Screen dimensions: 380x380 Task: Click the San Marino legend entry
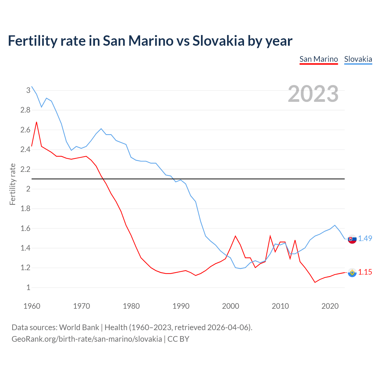tap(319, 59)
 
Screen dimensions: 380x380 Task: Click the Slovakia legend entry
tap(358, 59)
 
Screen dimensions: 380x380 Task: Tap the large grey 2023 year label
tap(313, 94)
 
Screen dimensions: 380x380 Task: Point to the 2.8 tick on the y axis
tap(25, 110)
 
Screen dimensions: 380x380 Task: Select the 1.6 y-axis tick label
tap(25, 229)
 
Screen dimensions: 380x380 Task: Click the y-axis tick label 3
tap(28, 90)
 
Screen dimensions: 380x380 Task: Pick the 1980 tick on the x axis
tap(131, 306)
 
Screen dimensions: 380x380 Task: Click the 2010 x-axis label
tap(280, 306)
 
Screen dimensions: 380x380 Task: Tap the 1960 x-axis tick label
tap(32, 306)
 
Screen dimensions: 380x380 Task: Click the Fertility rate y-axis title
tap(12, 184)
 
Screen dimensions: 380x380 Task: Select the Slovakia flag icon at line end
tap(352, 239)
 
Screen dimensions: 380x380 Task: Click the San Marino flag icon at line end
tap(352, 272)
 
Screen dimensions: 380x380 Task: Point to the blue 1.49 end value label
tap(365, 238)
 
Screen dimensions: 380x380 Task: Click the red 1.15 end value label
tap(365, 272)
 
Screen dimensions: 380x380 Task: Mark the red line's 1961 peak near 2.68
tap(37, 122)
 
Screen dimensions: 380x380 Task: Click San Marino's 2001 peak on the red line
tap(235, 236)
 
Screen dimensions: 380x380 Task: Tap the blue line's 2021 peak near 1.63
tap(335, 225)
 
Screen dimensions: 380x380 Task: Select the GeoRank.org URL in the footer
tap(87, 339)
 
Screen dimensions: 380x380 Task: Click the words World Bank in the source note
tap(79, 327)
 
